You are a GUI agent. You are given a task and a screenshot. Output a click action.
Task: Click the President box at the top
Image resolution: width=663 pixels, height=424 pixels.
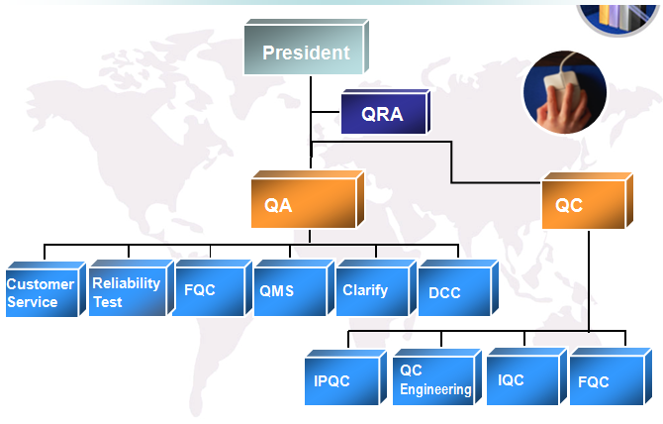(x=307, y=47)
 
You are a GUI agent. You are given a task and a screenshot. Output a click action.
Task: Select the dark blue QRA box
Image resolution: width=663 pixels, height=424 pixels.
(x=386, y=112)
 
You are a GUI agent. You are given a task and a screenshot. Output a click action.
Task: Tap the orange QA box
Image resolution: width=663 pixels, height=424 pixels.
(x=308, y=199)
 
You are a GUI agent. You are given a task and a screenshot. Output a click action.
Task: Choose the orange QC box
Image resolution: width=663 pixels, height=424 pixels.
(x=588, y=200)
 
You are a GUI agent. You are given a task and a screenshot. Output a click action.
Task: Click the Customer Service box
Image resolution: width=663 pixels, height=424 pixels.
(x=46, y=289)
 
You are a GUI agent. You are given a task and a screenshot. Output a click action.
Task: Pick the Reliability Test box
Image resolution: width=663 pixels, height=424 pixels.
(x=132, y=288)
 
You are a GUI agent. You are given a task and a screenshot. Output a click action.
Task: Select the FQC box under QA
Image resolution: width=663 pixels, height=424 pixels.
(x=213, y=288)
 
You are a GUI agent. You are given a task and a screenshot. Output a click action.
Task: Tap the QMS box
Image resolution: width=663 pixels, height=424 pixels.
(x=294, y=288)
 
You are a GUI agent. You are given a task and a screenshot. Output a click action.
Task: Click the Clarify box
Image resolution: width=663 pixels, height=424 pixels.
(x=376, y=288)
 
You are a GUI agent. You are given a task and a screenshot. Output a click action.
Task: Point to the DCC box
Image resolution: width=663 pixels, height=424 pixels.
(x=458, y=288)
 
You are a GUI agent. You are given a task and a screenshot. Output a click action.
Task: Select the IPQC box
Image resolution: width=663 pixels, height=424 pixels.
(x=345, y=377)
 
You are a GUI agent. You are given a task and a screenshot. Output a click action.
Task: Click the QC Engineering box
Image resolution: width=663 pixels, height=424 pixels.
(x=437, y=377)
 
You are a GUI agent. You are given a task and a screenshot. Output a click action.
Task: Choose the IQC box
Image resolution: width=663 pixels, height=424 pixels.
(x=526, y=376)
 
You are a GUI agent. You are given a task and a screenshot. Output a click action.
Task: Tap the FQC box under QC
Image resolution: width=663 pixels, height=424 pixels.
(x=611, y=376)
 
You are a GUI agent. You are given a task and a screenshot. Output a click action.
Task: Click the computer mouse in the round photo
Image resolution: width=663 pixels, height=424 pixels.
(x=559, y=81)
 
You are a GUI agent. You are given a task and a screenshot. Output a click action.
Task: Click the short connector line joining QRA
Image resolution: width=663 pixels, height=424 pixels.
(x=326, y=112)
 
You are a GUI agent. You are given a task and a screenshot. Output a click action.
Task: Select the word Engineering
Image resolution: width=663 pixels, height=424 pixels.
(x=435, y=389)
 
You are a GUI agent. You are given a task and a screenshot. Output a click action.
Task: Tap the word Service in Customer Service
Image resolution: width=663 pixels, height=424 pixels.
(x=32, y=302)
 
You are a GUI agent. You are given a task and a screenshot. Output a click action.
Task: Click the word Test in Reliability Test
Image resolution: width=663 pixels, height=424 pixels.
(x=108, y=302)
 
